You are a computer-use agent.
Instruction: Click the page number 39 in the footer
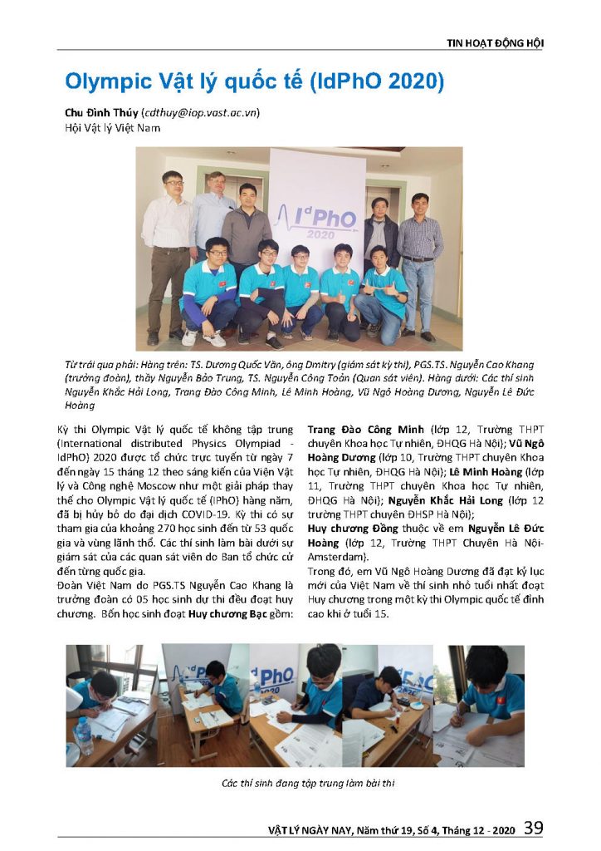coord(534,828)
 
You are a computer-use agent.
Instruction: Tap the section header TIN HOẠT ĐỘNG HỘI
coord(496,43)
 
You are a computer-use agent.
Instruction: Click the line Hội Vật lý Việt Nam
coord(112,128)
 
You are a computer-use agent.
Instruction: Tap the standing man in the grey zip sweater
coord(247,224)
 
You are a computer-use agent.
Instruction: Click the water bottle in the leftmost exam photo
coord(83,735)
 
